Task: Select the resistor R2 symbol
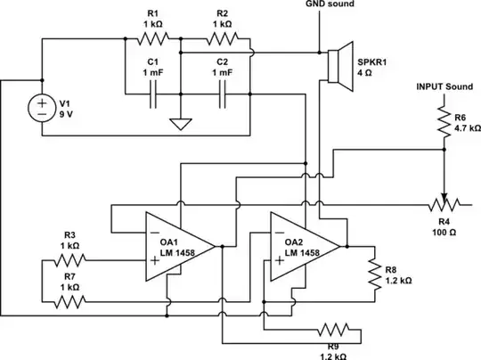point(224,40)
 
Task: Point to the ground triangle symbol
point(181,124)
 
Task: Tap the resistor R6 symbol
point(443,121)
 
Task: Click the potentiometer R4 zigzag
point(443,203)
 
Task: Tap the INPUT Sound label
point(446,87)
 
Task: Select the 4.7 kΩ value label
point(467,127)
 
